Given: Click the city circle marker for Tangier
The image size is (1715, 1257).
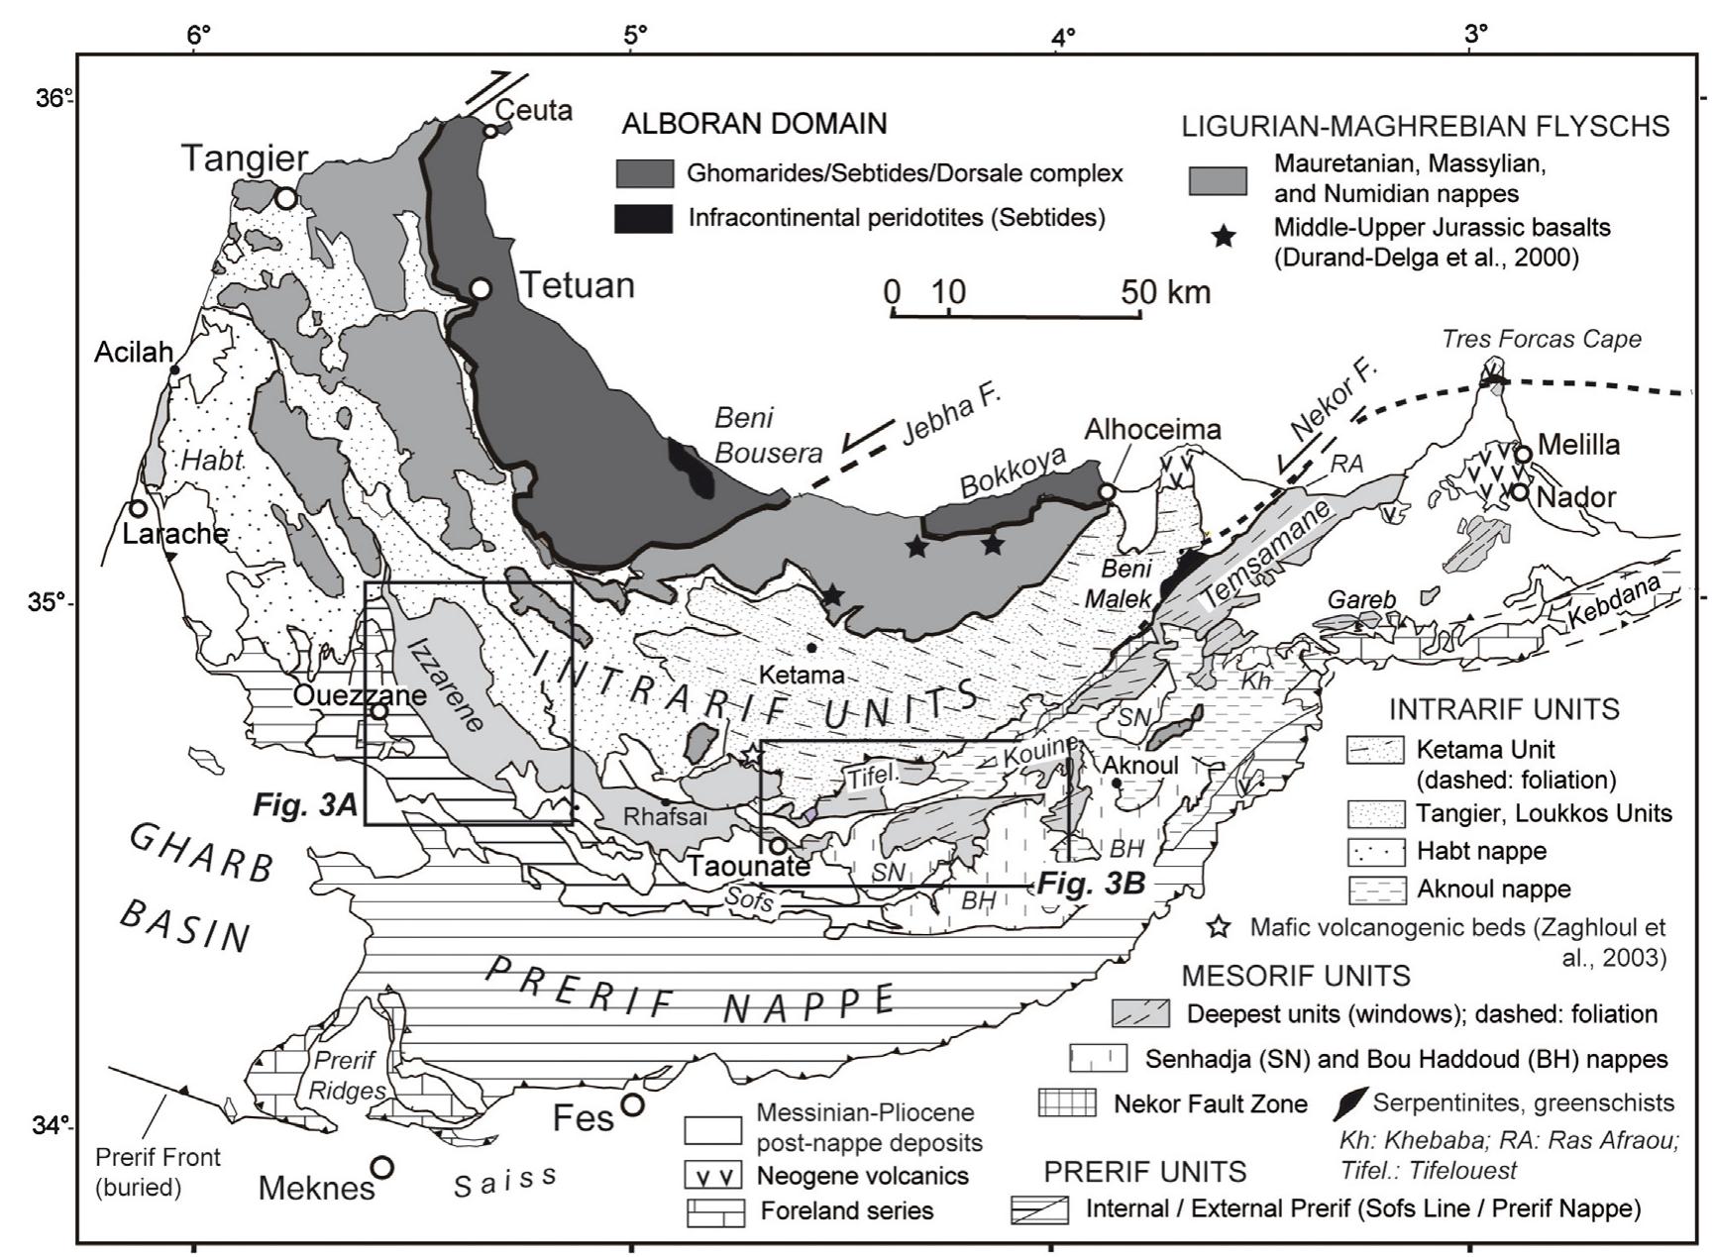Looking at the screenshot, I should pyautogui.click(x=286, y=198).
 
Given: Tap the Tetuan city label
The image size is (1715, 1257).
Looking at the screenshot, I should pyautogui.click(x=578, y=286).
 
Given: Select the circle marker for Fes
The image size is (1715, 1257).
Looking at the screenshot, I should pyautogui.click(x=632, y=1103).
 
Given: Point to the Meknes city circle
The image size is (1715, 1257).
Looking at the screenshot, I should pyautogui.click(x=382, y=1167).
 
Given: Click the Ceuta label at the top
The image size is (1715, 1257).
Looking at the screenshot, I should pyautogui.click(x=534, y=109).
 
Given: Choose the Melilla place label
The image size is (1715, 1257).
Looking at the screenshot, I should pyautogui.click(x=1579, y=445).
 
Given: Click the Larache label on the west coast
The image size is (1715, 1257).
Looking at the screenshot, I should pyautogui.click(x=174, y=534).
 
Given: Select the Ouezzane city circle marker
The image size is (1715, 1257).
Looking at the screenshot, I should pyautogui.click(x=378, y=710).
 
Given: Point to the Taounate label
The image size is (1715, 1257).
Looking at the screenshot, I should pyautogui.click(x=750, y=866).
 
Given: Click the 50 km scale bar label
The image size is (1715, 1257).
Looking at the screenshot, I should pyautogui.click(x=1166, y=291).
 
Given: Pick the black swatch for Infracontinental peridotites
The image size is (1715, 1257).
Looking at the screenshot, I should pyautogui.click(x=644, y=218).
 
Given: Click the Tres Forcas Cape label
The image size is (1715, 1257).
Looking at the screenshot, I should pyautogui.click(x=1541, y=340).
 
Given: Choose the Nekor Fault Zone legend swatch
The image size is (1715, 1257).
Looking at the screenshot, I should pyautogui.click(x=1066, y=1102).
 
